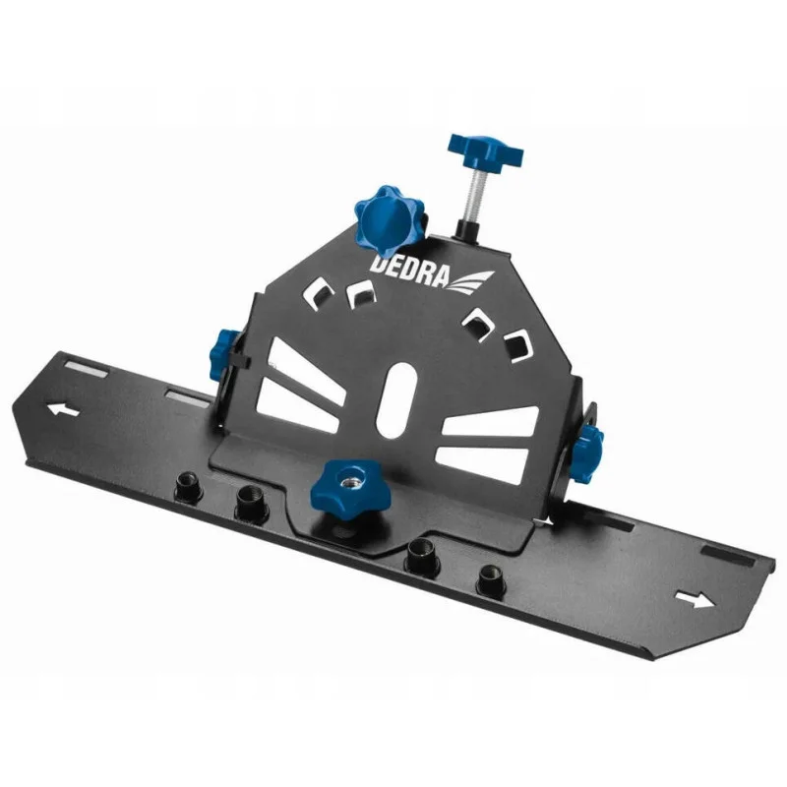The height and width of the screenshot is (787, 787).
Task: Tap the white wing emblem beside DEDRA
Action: click(x=470, y=281)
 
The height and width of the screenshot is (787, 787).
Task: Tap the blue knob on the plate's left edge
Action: click(x=224, y=354)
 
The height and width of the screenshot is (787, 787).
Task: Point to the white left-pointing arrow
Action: click(x=63, y=409)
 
